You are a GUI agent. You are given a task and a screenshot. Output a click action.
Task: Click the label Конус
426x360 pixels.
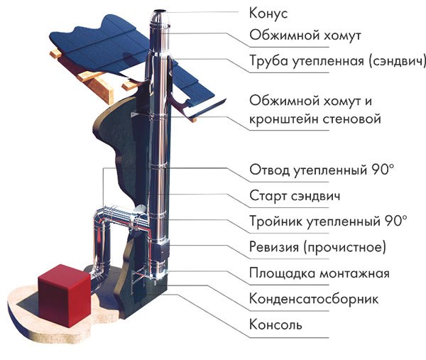pos(268,13)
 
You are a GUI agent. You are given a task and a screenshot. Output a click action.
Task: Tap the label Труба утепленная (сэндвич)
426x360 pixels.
pos(337,60)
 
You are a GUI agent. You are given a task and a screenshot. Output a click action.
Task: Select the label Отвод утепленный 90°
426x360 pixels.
pos(322,170)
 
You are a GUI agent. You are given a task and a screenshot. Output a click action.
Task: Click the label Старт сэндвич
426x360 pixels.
pos(295,196)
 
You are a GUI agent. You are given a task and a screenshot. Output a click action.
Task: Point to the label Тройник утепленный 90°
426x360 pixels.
pos(329,221)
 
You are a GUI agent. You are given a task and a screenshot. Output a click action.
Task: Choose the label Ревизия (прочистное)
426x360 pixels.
pos(317,246)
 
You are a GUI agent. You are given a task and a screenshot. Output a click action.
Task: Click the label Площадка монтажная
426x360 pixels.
pos(319,273)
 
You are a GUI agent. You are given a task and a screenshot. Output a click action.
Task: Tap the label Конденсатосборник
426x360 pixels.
pos(314,299)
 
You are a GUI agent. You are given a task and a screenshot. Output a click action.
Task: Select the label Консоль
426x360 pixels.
pos(275,324)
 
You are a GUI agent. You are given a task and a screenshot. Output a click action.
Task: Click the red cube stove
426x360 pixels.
pos(65,295)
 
